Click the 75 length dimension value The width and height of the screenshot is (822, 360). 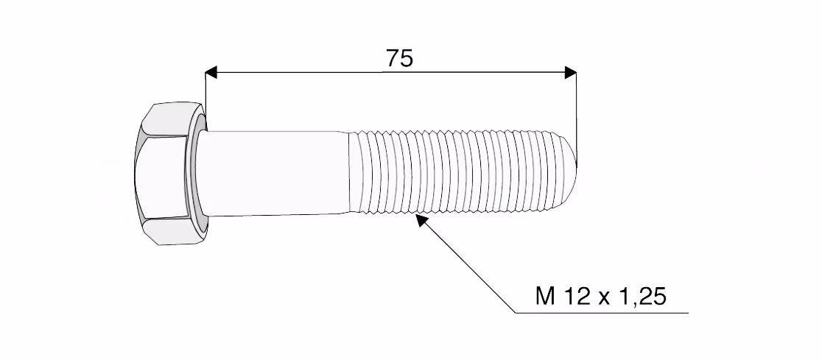point(399,58)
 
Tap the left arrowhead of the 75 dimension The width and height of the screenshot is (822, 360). point(211,72)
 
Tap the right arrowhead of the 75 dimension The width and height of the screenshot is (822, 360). point(570,72)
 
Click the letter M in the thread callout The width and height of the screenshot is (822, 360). point(545,297)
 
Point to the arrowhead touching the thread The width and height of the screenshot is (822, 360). point(421,220)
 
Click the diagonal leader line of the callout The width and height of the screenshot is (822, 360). point(466,264)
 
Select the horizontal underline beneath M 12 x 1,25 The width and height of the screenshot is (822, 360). point(602,314)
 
